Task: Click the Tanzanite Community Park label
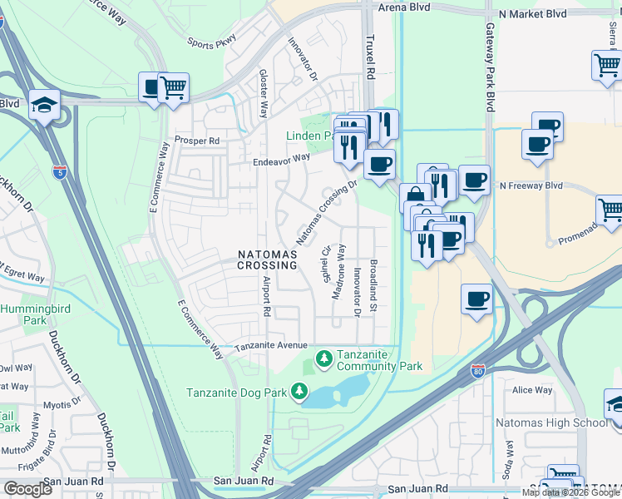click(379, 361)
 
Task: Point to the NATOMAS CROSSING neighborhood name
click(267, 259)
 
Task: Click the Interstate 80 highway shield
click(477, 370)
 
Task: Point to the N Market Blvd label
click(532, 14)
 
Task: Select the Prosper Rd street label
click(196, 141)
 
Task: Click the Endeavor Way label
click(281, 158)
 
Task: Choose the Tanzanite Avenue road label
click(271, 346)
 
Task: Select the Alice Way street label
click(532, 390)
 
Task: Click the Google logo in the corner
click(27, 489)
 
